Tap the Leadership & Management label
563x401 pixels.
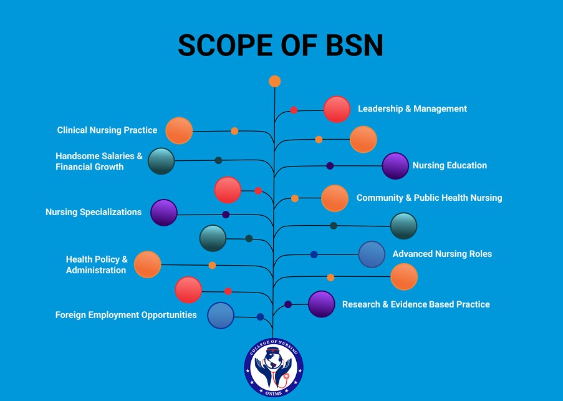pyautogui.click(x=412, y=109)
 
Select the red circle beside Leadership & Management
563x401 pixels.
pyautogui.click(x=337, y=110)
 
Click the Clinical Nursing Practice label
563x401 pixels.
pyautogui.click(x=107, y=130)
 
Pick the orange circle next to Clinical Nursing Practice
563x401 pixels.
pyautogui.click(x=179, y=130)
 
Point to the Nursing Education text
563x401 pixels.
pyautogui.click(x=450, y=165)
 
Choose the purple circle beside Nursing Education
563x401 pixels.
pyautogui.click(x=395, y=166)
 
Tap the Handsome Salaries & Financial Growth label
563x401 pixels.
pyautogui.click(x=99, y=161)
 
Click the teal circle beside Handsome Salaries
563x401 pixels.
pyautogui.click(x=161, y=161)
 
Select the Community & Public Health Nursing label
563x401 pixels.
pyautogui.click(x=429, y=198)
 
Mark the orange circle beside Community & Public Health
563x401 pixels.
pyautogui.click(x=335, y=198)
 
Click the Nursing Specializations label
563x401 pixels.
pyautogui.click(x=94, y=212)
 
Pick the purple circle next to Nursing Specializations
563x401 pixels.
pyautogui.click(x=164, y=213)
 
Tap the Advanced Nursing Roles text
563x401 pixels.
pyautogui.click(x=442, y=254)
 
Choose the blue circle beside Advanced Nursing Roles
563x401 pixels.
pyautogui.click(x=372, y=254)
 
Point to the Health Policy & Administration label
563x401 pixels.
pyautogui.click(x=97, y=264)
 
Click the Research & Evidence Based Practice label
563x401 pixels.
pyautogui.click(x=416, y=304)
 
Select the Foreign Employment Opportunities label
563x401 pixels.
pyautogui.click(x=126, y=315)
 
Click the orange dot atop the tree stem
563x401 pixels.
pyautogui.click(x=275, y=81)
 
